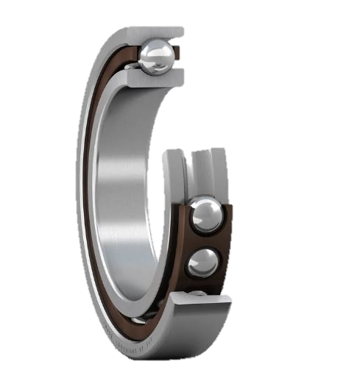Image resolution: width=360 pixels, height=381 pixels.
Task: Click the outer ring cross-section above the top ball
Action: pyautogui.click(x=154, y=32)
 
